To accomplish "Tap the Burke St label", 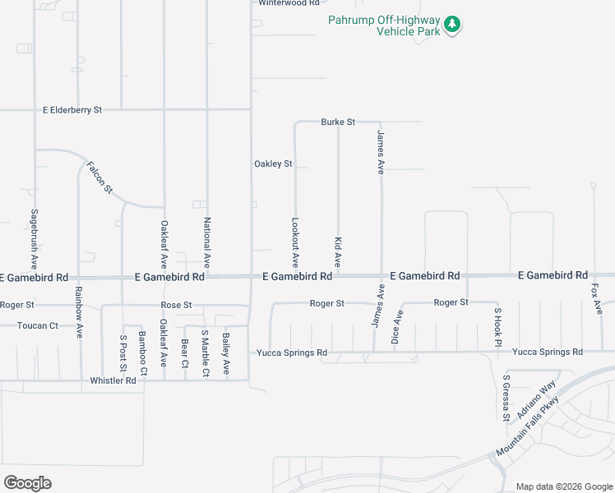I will tap(337, 122).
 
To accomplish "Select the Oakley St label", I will tap(273, 164).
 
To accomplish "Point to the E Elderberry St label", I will tap(72, 109).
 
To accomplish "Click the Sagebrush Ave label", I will tap(35, 239).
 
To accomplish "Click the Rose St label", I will tap(176, 305).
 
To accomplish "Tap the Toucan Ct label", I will tap(38, 325).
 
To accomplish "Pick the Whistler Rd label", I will tap(113, 380).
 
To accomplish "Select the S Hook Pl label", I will tap(497, 327).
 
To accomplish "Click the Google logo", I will tap(27, 483).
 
